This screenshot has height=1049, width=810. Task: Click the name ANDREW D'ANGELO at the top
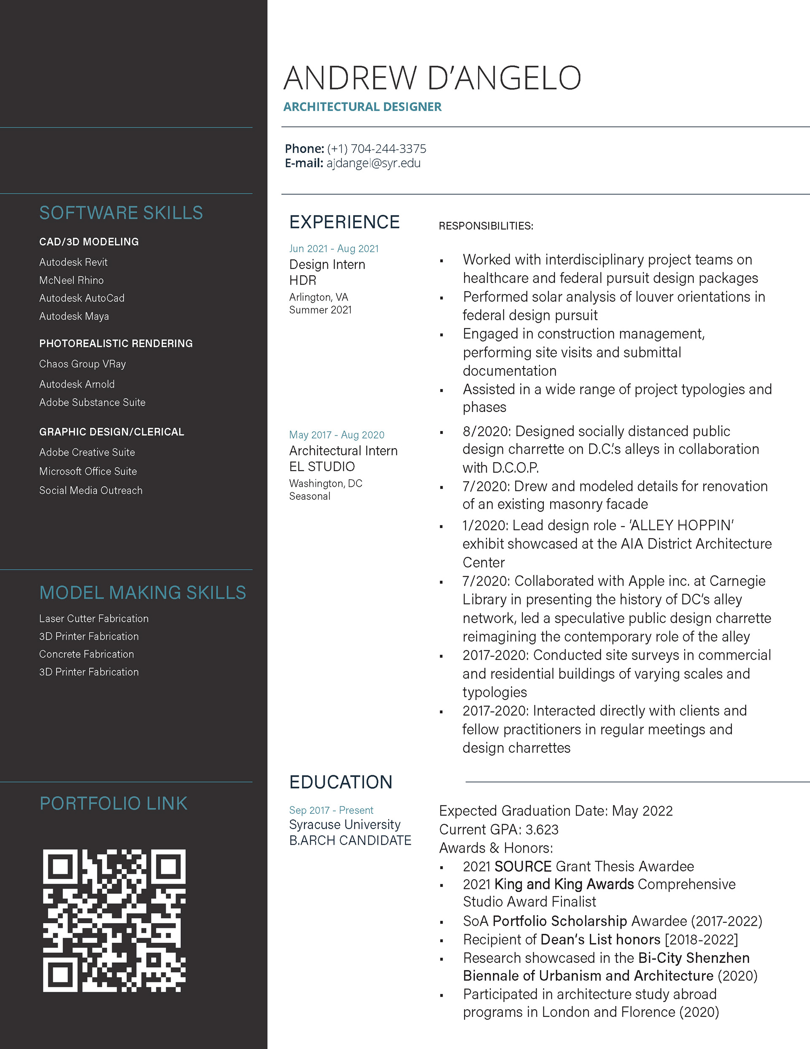tap(432, 78)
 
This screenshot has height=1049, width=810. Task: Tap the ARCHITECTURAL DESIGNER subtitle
tap(362, 107)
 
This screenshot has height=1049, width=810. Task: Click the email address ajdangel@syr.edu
tap(373, 163)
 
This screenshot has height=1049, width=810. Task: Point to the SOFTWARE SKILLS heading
tap(121, 213)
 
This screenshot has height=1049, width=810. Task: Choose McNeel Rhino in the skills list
tap(72, 280)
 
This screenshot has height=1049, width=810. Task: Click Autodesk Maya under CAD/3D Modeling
tap(74, 316)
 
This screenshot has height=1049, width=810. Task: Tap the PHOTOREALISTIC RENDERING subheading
tap(116, 344)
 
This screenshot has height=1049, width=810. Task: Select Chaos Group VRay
tap(83, 364)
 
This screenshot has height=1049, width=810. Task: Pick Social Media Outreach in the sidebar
tap(91, 491)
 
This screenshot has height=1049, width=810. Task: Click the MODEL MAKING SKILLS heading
tap(143, 593)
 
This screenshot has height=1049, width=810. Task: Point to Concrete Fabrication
tap(86, 654)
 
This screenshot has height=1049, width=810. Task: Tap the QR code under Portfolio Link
tap(114, 920)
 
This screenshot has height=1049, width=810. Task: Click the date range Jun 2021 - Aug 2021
tap(334, 249)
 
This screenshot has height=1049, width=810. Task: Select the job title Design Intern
tap(327, 265)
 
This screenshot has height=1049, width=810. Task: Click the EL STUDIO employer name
tap(322, 466)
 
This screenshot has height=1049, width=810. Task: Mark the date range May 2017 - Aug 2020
tap(337, 435)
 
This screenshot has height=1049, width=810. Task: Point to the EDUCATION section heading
tap(340, 782)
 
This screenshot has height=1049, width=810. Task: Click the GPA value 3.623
tap(542, 829)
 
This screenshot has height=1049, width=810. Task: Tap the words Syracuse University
tap(344, 825)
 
